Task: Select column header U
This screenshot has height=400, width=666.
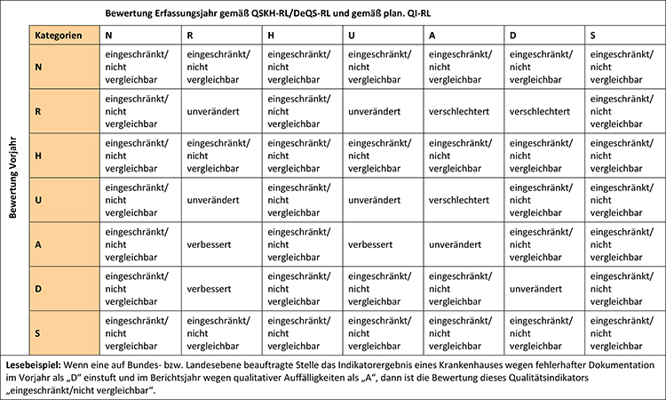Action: click(353, 36)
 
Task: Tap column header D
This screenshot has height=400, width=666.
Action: click(514, 36)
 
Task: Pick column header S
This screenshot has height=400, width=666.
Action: click(593, 36)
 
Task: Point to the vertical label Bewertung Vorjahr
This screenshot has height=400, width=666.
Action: click(12, 178)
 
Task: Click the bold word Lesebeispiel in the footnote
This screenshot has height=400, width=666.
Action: click(33, 365)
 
